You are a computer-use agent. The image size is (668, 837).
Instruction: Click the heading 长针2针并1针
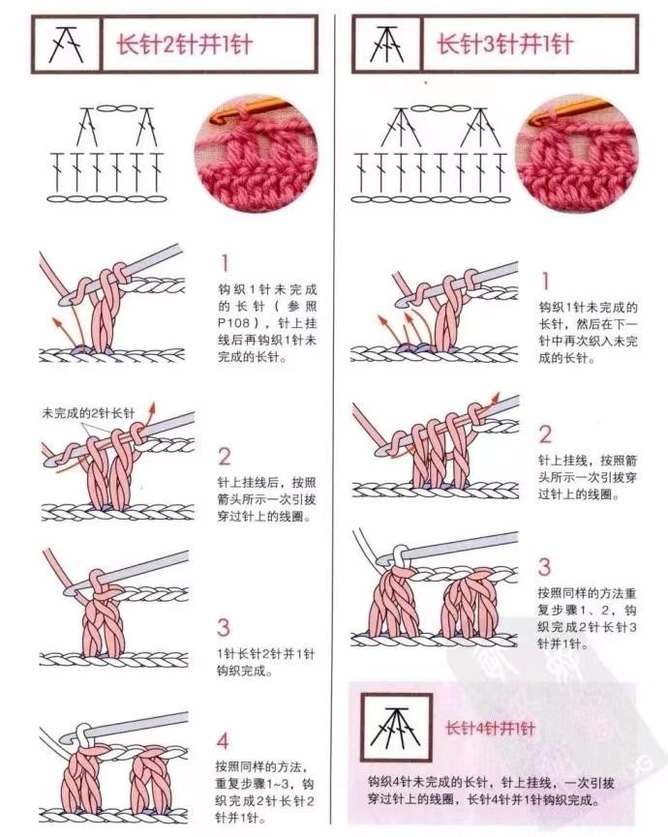point(184,45)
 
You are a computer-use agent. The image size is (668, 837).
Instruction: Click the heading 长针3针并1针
point(504,45)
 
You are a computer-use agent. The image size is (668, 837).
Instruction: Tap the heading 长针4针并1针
point(490,729)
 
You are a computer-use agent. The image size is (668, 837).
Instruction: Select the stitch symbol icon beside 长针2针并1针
point(67,45)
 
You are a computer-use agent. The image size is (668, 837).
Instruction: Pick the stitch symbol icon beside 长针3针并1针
point(387,45)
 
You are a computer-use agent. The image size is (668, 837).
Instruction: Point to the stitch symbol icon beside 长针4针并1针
point(396,728)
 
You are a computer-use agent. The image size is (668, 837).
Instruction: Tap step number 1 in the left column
point(225,263)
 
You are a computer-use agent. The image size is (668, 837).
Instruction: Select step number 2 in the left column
point(225,457)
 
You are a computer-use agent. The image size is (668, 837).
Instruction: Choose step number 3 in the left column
point(224,627)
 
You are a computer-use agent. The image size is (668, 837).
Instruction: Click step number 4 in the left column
point(223,741)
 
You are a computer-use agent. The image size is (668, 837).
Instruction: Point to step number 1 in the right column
point(546,281)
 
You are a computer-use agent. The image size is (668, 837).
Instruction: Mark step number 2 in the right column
point(545,434)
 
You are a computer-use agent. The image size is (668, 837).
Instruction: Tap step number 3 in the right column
point(544,567)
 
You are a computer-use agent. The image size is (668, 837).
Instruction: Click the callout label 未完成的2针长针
point(88,412)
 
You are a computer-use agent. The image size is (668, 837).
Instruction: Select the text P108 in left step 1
point(234,323)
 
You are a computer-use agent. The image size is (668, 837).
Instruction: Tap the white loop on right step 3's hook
point(400,558)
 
